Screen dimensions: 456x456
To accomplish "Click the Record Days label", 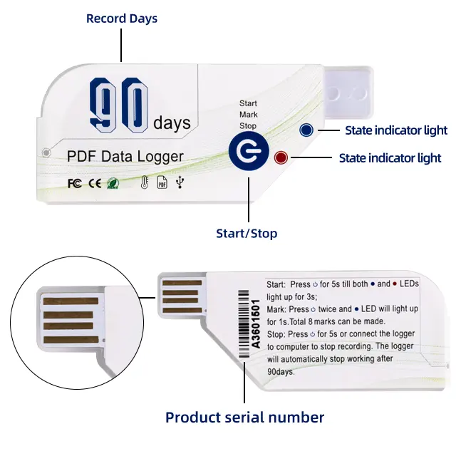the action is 121,18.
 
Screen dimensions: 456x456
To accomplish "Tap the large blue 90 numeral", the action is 120,107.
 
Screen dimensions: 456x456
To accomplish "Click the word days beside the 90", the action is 172,123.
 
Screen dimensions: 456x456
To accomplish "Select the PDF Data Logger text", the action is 125,156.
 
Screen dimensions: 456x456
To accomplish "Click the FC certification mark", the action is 74,183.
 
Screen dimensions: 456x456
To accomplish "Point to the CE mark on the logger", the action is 94,183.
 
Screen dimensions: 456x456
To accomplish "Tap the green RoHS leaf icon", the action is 113,183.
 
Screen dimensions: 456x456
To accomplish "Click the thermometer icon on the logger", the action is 143,183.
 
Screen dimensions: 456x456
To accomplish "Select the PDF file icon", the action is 162,183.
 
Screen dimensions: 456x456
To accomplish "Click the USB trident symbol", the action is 180,183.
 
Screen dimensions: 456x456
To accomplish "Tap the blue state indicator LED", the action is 306,130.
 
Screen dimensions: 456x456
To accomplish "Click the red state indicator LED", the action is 280,158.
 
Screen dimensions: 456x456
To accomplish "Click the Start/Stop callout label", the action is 247,233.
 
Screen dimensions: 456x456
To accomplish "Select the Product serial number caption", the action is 244,418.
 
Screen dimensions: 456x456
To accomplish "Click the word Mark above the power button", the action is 248,115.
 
